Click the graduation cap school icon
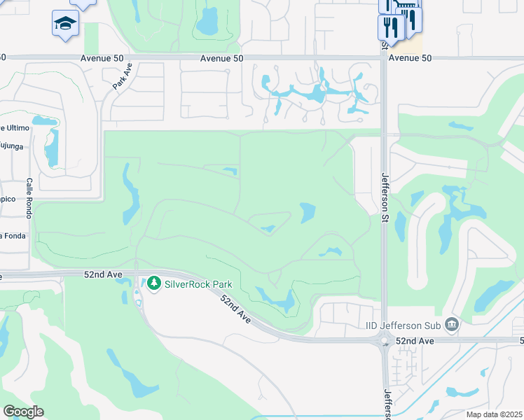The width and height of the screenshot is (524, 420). click(65, 23)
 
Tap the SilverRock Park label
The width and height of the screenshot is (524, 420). click(198, 284)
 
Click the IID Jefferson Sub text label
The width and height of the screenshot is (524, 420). click(404, 325)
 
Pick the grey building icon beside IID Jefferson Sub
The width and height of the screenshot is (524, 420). click(452, 324)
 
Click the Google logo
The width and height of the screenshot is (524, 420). click(23, 412)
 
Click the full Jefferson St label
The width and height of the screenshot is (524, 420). click(384, 198)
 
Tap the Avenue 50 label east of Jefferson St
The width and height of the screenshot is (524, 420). click(409, 58)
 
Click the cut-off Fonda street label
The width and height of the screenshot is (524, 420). click(13, 235)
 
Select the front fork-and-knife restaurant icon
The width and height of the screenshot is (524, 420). click(389, 28)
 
